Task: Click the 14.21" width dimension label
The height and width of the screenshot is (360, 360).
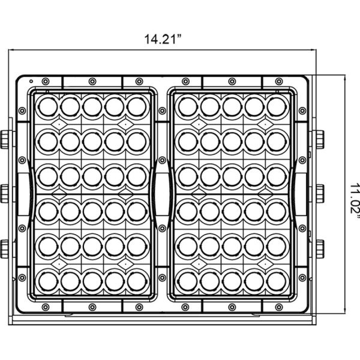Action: pos(163,39)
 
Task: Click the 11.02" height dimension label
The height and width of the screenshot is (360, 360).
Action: pos(354,198)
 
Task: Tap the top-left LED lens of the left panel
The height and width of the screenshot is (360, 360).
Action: pos(48,107)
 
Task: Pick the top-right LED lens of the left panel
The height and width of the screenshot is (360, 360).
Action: pos(137,107)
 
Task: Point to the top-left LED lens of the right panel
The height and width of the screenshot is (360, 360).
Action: pos(188,107)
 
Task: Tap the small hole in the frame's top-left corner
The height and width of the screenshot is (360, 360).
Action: pos(31,81)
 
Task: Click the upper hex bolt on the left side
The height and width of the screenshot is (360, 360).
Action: pos(4,140)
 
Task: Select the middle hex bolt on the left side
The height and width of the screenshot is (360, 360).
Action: pos(4,194)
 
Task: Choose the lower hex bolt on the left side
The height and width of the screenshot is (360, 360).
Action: pos(4,249)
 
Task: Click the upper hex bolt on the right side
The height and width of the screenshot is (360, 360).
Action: pos(320,140)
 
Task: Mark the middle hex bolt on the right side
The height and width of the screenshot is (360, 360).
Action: pos(320,194)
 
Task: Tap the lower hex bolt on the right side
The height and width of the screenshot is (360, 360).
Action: pos(320,249)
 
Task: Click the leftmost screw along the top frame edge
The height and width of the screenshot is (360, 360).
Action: pos(46,81)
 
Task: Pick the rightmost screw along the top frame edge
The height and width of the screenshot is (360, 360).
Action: pos(279,81)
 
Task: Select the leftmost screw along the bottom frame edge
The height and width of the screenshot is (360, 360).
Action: pos(46,307)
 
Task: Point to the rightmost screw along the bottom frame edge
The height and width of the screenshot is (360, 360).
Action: pos(279,307)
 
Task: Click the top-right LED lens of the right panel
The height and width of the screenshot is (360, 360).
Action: pos(277,107)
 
